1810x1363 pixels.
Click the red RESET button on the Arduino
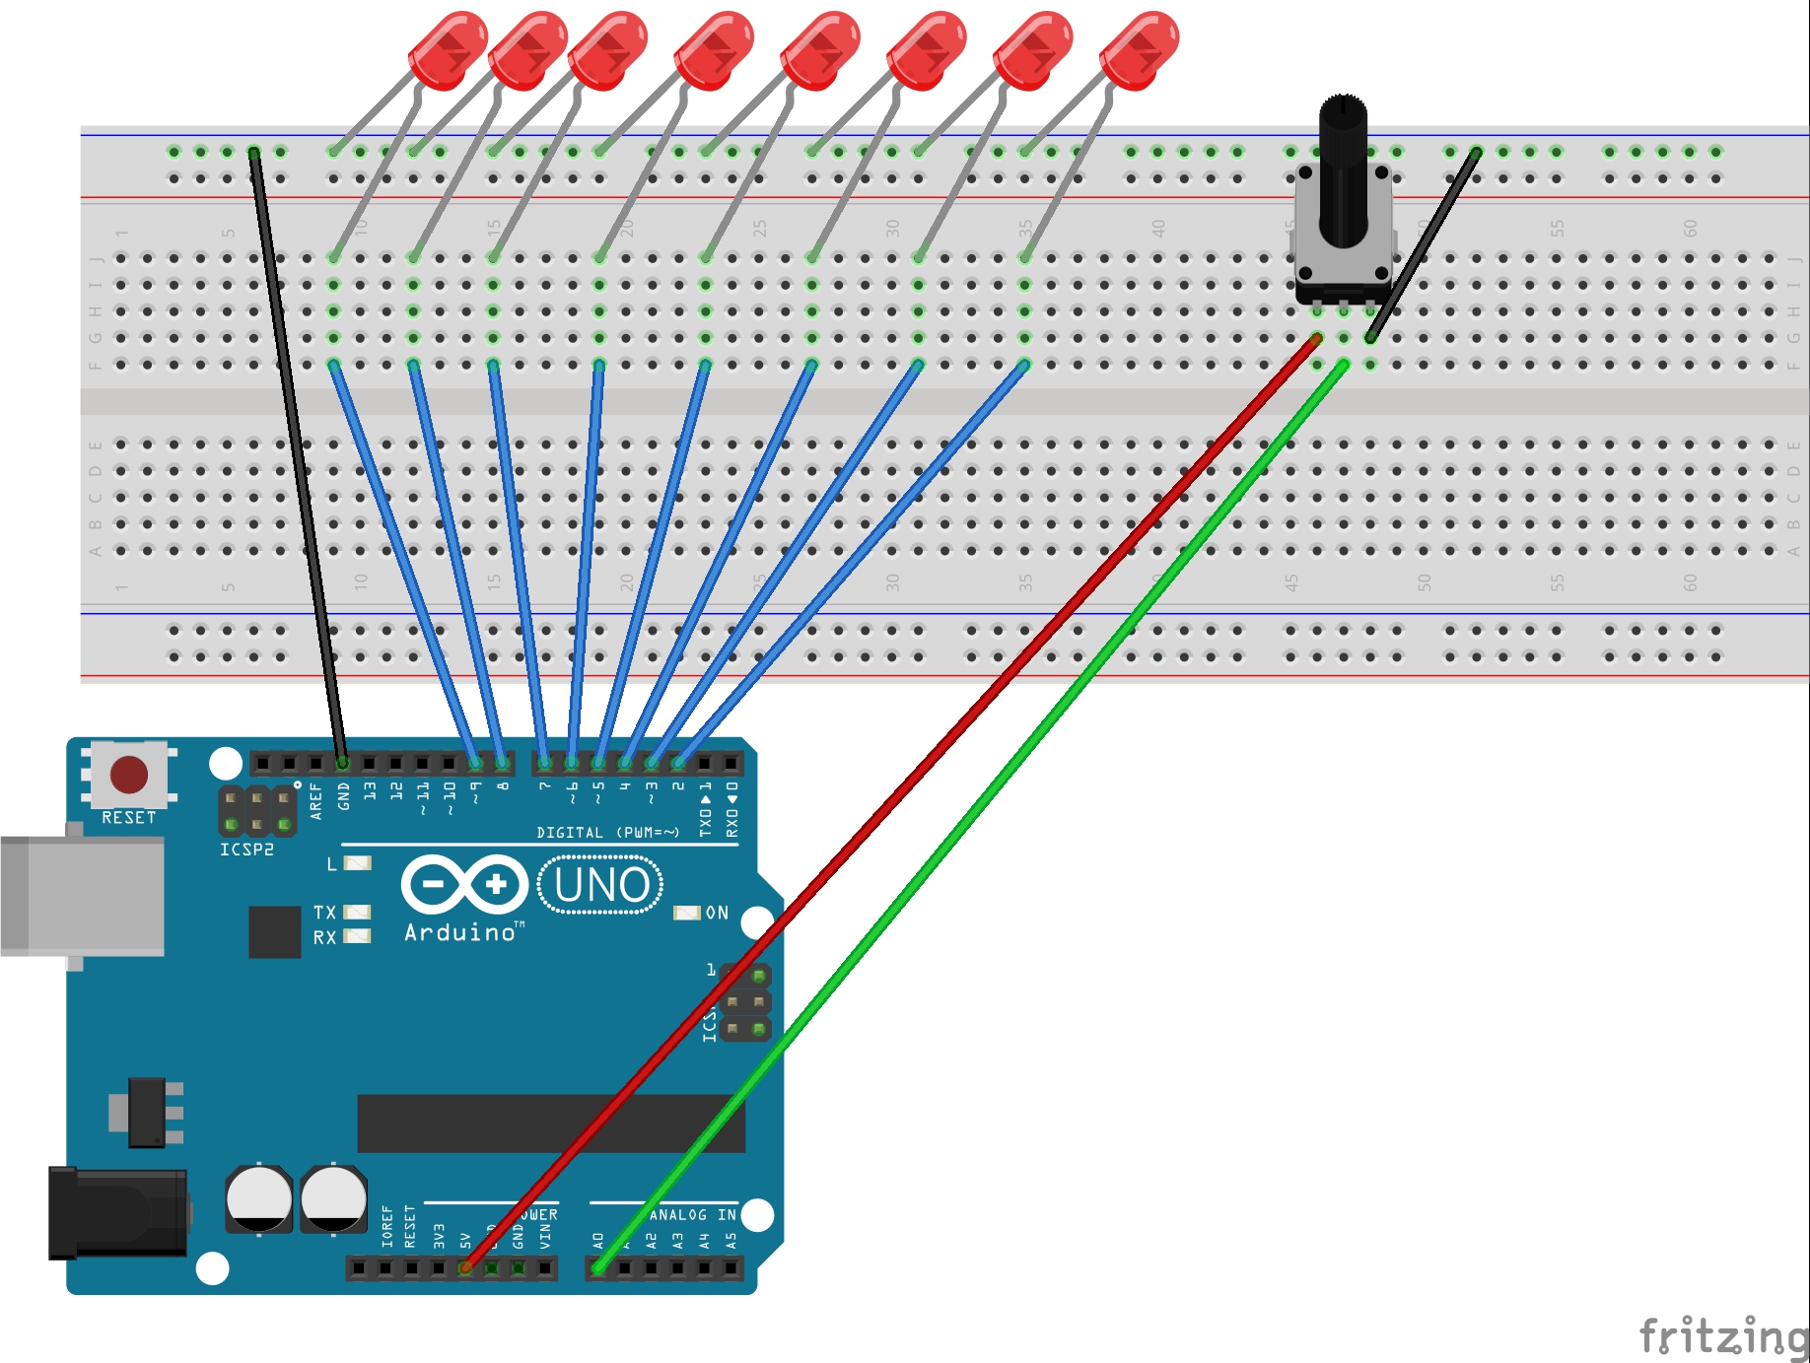tap(129, 775)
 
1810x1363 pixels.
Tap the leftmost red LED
tap(448, 50)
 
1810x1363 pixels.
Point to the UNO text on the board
tap(601, 885)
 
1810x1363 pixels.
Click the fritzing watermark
tap(1722, 1336)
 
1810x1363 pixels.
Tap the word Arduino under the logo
tap(460, 932)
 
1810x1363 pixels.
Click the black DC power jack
tap(117, 1213)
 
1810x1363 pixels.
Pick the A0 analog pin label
tap(597, 1240)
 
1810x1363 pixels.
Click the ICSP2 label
tap(246, 850)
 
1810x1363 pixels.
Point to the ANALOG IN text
tap(692, 1215)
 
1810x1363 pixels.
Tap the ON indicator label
tap(717, 913)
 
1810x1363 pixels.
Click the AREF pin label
tap(315, 800)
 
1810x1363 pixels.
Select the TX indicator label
tap(324, 913)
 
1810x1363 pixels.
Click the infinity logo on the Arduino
tap(464, 884)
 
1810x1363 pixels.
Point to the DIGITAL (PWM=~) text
tap(607, 833)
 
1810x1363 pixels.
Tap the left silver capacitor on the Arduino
tap(259, 1198)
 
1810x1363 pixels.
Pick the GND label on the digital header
tap(343, 796)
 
